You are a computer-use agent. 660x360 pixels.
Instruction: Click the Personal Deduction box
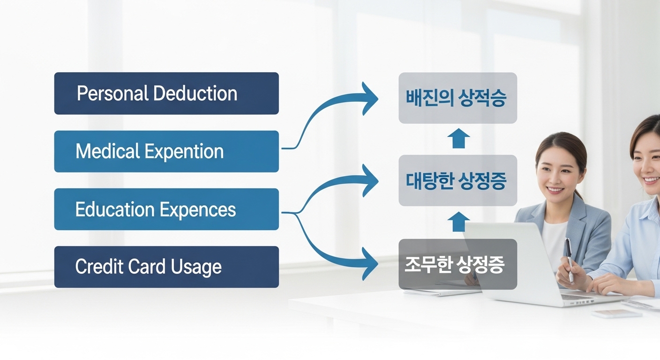[166, 93]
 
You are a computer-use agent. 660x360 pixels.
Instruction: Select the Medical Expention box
[166, 151]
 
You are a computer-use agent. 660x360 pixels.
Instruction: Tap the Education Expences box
[166, 210]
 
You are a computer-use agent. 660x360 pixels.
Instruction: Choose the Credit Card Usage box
[166, 267]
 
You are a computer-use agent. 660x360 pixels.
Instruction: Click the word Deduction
[195, 93]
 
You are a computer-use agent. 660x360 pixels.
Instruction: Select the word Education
[115, 210]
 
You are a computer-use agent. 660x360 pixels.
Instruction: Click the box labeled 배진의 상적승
[457, 98]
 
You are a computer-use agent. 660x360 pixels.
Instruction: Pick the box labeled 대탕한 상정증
[457, 180]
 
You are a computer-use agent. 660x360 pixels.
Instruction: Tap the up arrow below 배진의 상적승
[458, 139]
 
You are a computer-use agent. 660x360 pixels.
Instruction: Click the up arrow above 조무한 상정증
[458, 222]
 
